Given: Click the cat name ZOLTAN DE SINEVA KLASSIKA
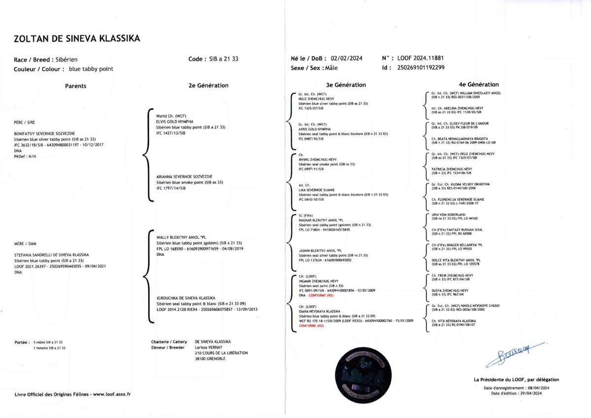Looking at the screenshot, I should tap(77, 38).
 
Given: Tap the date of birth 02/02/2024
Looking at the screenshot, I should tap(347, 58).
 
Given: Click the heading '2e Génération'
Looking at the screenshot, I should tap(208, 85).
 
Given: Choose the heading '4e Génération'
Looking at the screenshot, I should tap(478, 85).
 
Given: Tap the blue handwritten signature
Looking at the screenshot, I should tap(514, 353).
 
